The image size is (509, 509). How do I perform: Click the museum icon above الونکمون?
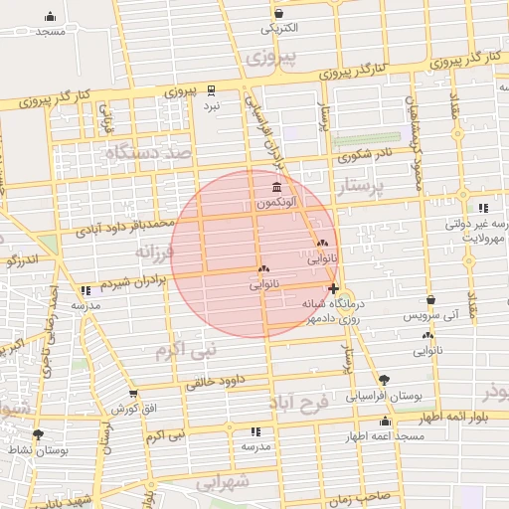(x=275, y=189)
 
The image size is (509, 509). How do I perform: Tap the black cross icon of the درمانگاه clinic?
(x=332, y=289)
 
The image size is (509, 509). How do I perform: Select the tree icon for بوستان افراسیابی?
(x=384, y=379)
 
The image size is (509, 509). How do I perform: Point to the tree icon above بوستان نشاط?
(x=38, y=434)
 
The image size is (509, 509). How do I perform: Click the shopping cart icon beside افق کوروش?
(x=133, y=395)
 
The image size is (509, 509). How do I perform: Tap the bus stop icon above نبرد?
(x=211, y=88)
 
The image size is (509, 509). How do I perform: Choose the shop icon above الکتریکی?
(x=279, y=13)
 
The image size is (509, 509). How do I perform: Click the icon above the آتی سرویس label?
(x=429, y=299)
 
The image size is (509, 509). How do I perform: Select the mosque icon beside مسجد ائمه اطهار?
(x=384, y=422)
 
